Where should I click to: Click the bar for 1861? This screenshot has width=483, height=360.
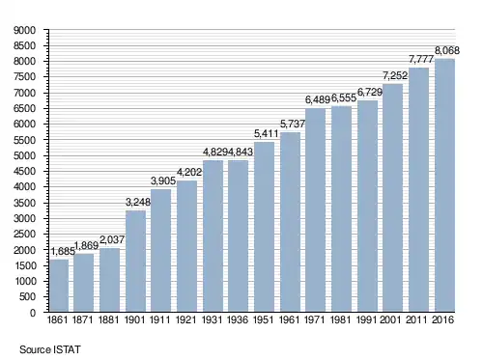tap(59, 286)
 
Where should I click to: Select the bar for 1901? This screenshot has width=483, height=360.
tap(135, 261)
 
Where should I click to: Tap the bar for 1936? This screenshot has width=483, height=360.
tap(238, 235)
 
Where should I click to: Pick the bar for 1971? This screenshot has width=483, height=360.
tap(315, 209)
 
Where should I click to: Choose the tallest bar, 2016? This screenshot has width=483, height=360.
tap(444, 185)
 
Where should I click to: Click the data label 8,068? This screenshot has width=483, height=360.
tap(447, 50)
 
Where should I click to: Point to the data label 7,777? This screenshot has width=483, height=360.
tap(421, 59)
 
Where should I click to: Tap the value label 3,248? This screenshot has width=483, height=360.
tap(138, 202)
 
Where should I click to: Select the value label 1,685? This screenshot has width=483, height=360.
tap(63, 251)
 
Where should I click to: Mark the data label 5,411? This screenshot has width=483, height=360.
tap(266, 133)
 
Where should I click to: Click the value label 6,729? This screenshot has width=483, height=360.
tap(370, 93)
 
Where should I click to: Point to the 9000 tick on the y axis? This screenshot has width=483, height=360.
tap(24, 30)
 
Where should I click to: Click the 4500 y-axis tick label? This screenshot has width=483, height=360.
tap(24, 171)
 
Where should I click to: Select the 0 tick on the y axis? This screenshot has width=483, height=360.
tap(33, 313)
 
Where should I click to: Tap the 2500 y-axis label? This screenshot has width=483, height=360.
tap(24, 234)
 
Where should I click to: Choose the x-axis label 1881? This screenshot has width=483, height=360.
tap(108, 319)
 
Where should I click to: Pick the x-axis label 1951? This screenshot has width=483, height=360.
tap(264, 319)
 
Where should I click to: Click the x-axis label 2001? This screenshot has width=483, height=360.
tap(390, 319)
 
